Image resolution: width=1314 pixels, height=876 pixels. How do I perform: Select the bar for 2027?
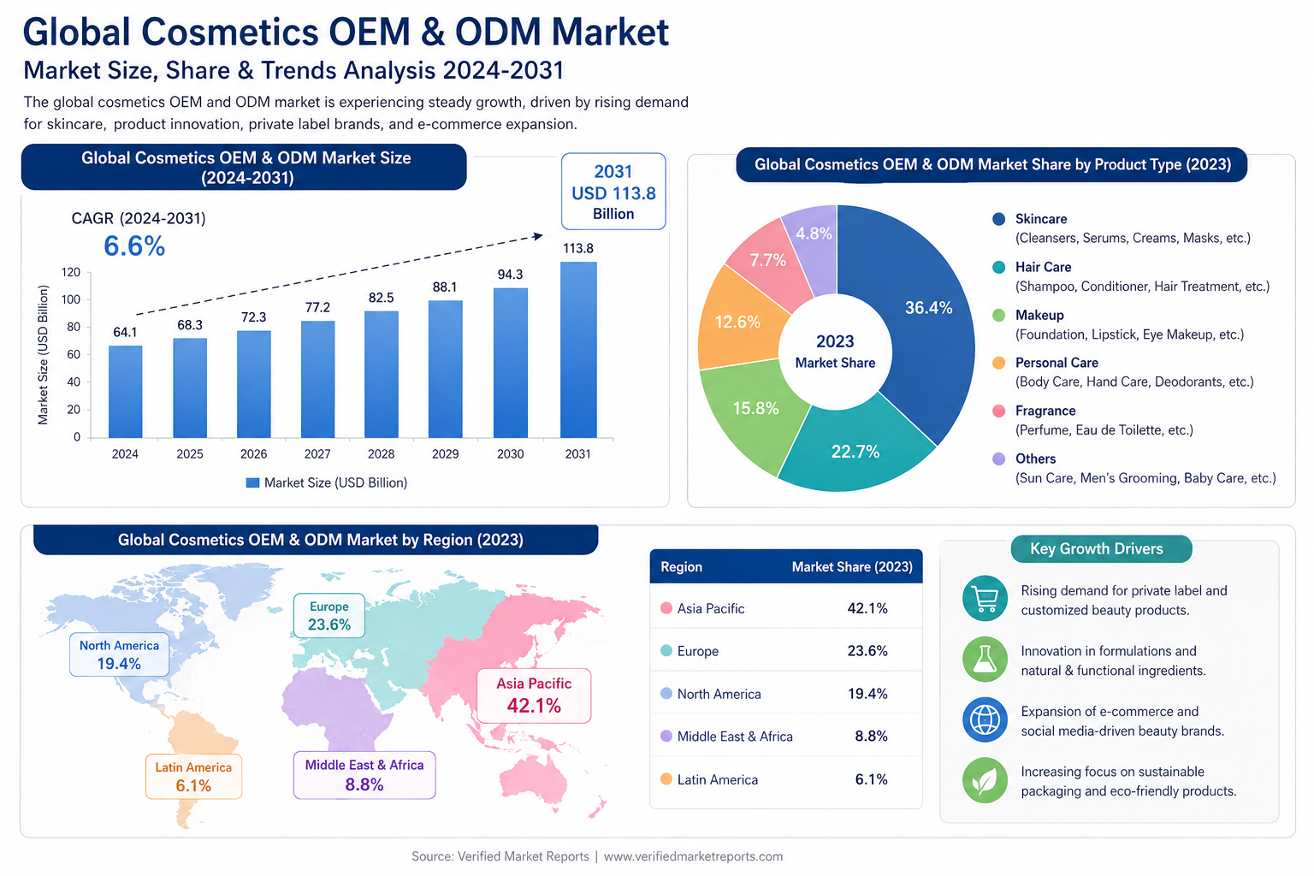click(318, 379)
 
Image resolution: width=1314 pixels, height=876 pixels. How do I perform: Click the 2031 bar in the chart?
click(578, 350)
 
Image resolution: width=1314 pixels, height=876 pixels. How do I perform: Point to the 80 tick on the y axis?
click(74, 327)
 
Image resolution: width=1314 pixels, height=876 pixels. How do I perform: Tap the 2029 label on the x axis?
click(445, 453)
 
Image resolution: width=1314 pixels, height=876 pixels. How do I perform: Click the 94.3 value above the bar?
click(511, 275)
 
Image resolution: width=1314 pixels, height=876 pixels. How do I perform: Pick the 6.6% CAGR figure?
click(134, 246)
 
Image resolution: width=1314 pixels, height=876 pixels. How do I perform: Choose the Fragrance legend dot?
click(998, 411)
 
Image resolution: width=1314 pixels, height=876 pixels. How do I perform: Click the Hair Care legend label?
click(1043, 267)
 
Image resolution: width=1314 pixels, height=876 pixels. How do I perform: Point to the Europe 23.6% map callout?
click(329, 615)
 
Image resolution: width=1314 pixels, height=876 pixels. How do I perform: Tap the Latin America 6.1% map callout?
click(193, 776)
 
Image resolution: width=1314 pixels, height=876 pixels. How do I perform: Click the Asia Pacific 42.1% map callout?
click(534, 695)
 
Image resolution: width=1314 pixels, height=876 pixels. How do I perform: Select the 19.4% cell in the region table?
click(867, 694)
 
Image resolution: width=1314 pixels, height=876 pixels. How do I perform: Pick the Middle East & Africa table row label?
click(735, 737)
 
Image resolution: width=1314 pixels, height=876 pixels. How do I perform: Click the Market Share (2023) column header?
click(852, 567)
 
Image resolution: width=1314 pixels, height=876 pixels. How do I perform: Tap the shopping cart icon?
click(985, 599)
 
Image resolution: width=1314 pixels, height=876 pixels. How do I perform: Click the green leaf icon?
click(985, 780)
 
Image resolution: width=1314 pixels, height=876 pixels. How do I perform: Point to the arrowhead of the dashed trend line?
click(538, 236)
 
